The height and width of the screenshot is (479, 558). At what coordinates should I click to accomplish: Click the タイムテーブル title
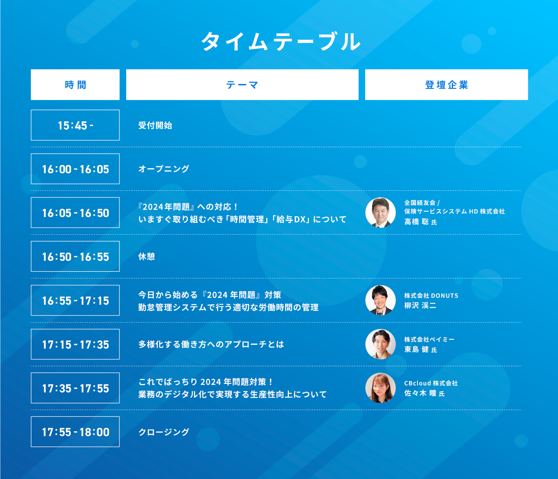[281, 41]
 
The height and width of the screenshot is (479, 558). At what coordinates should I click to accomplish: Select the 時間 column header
[75, 84]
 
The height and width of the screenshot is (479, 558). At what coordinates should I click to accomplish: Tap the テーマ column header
[242, 84]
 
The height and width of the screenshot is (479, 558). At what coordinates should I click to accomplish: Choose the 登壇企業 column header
[446, 84]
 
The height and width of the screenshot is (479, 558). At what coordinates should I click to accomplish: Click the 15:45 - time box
[75, 125]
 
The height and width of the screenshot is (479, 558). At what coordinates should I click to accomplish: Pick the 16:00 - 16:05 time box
[75, 169]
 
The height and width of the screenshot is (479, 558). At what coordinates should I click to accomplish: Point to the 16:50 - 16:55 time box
[75, 257]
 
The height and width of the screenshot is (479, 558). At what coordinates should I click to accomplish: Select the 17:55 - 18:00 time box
[75, 432]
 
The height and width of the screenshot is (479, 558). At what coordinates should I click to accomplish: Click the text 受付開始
[155, 126]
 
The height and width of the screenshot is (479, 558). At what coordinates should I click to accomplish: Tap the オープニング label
[164, 169]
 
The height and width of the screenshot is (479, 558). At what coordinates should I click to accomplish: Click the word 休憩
[146, 257]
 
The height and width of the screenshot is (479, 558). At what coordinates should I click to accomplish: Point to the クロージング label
[164, 432]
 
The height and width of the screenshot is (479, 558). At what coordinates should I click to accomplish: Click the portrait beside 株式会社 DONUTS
[380, 300]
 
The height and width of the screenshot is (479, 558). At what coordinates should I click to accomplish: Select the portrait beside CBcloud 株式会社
[380, 388]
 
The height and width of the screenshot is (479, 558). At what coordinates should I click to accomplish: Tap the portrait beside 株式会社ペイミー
[380, 344]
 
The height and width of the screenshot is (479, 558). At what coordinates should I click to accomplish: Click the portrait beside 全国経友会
[380, 212]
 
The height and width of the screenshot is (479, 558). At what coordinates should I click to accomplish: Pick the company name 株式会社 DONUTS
[431, 296]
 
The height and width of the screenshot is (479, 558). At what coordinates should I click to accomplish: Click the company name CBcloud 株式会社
[431, 383]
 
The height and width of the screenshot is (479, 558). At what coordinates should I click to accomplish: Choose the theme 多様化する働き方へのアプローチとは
[211, 344]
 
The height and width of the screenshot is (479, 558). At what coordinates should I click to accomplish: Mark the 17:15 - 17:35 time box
[75, 344]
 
